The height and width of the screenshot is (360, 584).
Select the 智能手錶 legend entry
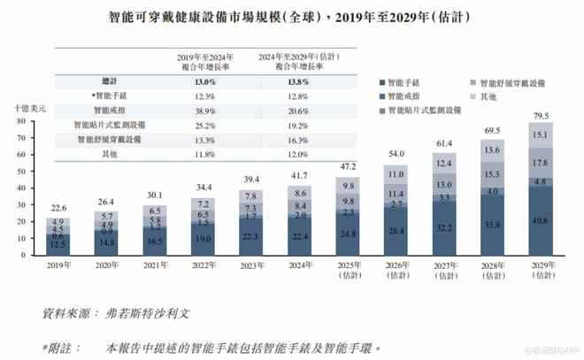point(412,80)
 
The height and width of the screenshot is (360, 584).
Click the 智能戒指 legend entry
point(412,96)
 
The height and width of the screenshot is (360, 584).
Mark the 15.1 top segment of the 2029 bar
point(537,134)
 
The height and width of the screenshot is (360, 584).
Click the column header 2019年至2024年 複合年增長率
point(204,59)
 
